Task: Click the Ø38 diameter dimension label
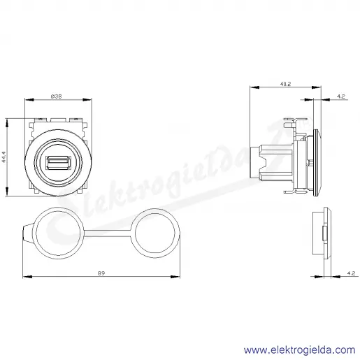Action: (57, 96)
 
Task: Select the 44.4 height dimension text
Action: (3, 157)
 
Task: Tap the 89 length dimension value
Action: (101, 273)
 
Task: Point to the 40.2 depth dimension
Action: (285, 84)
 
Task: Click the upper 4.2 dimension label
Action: (341, 96)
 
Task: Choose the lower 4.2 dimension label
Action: (351, 273)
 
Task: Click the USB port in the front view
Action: (58, 162)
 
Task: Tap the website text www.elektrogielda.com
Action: (300, 350)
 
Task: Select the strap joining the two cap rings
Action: (107, 233)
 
